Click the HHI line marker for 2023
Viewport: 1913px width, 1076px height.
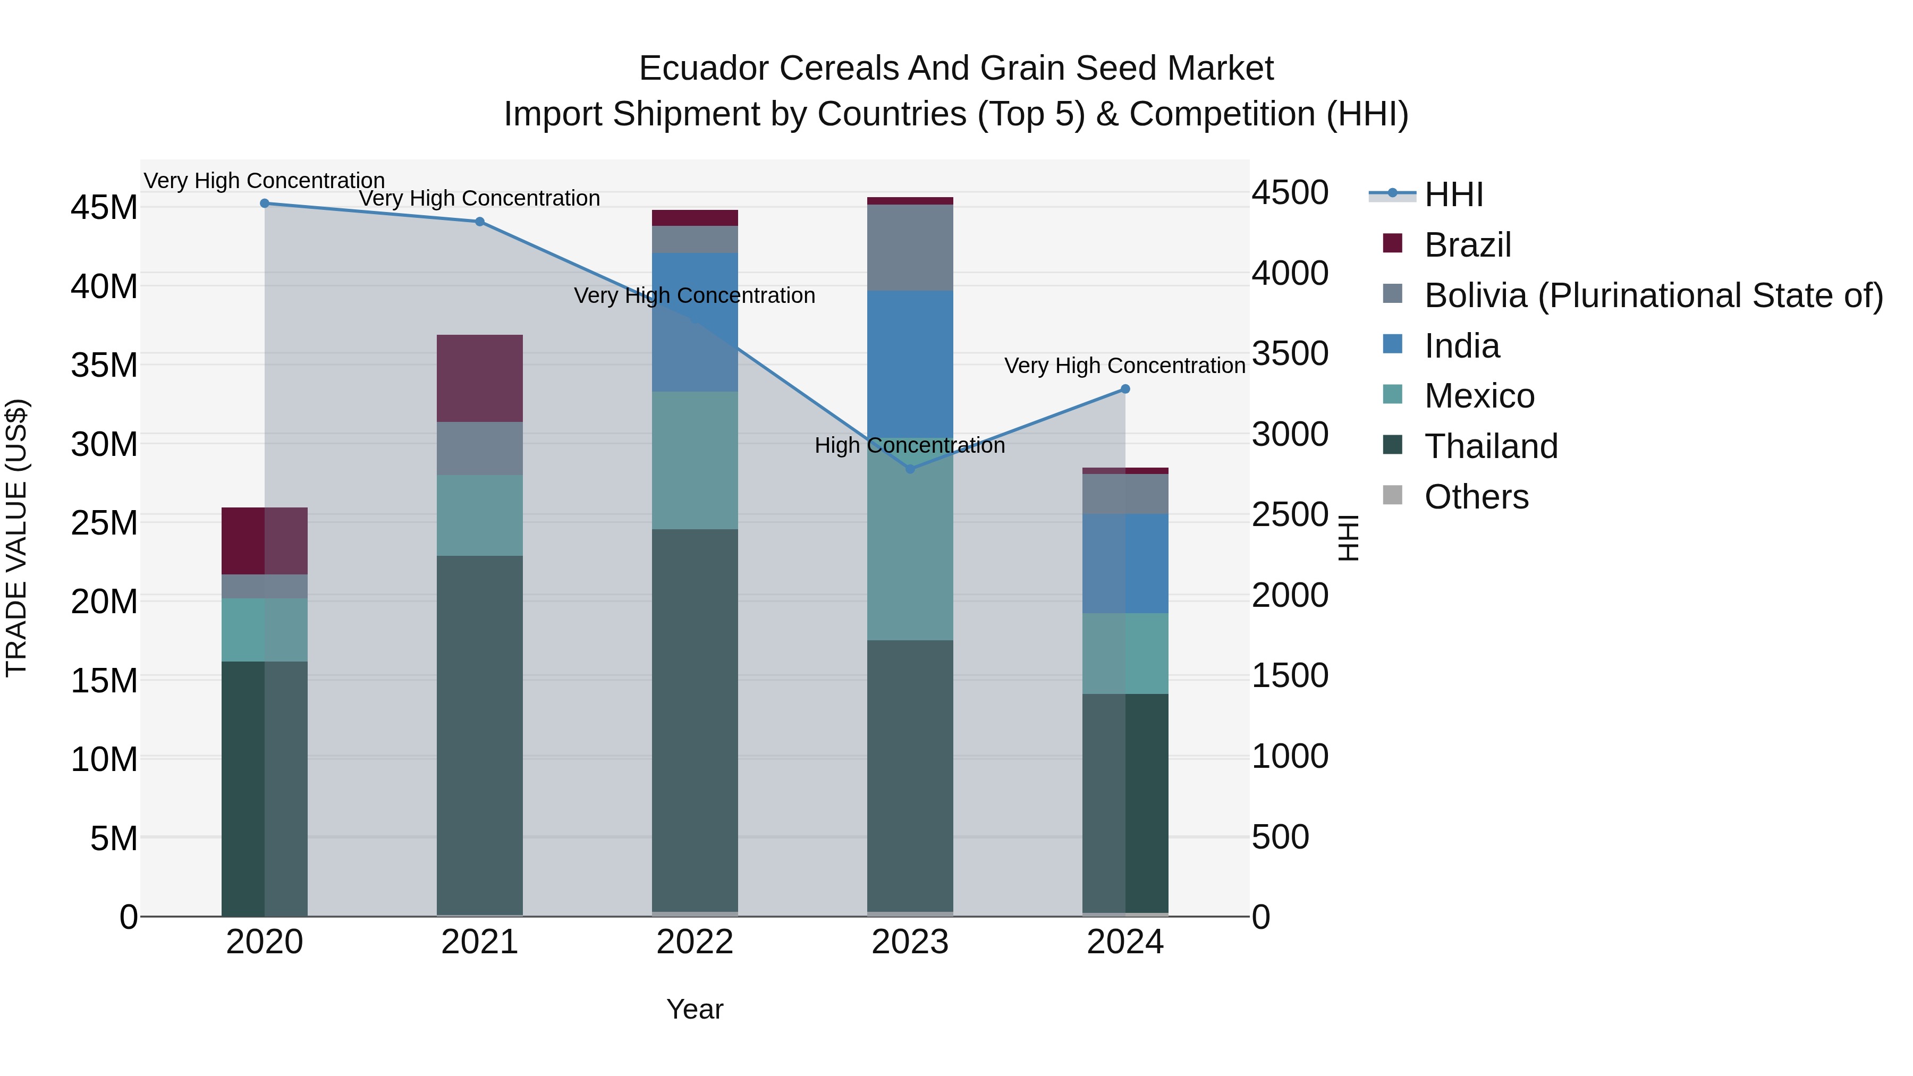[910, 469]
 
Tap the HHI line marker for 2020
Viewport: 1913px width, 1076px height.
[265, 204]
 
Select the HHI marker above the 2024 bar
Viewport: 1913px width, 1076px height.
[1125, 389]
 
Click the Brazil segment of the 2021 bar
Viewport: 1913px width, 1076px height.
[480, 378]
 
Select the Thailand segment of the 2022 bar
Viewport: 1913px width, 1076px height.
[695, 721]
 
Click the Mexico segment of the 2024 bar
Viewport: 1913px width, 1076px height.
[1125, 654]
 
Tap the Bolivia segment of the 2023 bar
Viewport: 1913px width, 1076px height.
[910, 247]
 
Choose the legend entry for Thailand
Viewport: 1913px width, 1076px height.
[1491, 446]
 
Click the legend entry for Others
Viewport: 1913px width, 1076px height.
[1476, 497]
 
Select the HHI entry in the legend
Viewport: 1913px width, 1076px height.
[1453, 194]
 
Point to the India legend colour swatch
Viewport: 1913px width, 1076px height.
[1392, 344]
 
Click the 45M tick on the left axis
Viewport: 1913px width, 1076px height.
[104, 207]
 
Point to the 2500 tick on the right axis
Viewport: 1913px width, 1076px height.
[1290, 514]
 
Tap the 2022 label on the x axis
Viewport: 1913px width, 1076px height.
[695, 942]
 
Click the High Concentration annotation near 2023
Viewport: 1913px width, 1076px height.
[910, 446]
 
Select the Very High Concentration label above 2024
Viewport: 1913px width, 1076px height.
[1124, 366]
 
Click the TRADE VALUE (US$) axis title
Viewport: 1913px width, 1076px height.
[16, 538]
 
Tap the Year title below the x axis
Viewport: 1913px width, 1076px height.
[695, 1009]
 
